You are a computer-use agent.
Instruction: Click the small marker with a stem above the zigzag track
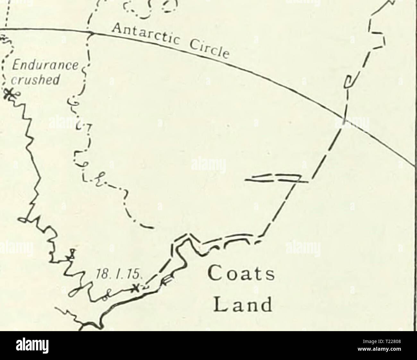pos(72,254)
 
